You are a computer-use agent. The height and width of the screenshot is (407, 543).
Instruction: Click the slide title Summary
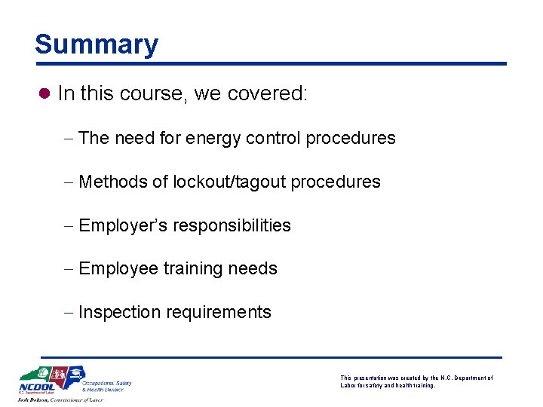(97, 44)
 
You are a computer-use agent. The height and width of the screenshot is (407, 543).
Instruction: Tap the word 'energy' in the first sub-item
(207, 138)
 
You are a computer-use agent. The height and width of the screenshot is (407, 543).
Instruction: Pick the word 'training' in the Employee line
(188, 268)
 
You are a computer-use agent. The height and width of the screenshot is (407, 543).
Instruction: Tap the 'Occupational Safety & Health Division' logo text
(106, 386)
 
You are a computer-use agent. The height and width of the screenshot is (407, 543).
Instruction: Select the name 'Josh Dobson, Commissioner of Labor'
(60, 401)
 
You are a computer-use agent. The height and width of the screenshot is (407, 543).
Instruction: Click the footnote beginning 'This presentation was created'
(416, 381)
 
